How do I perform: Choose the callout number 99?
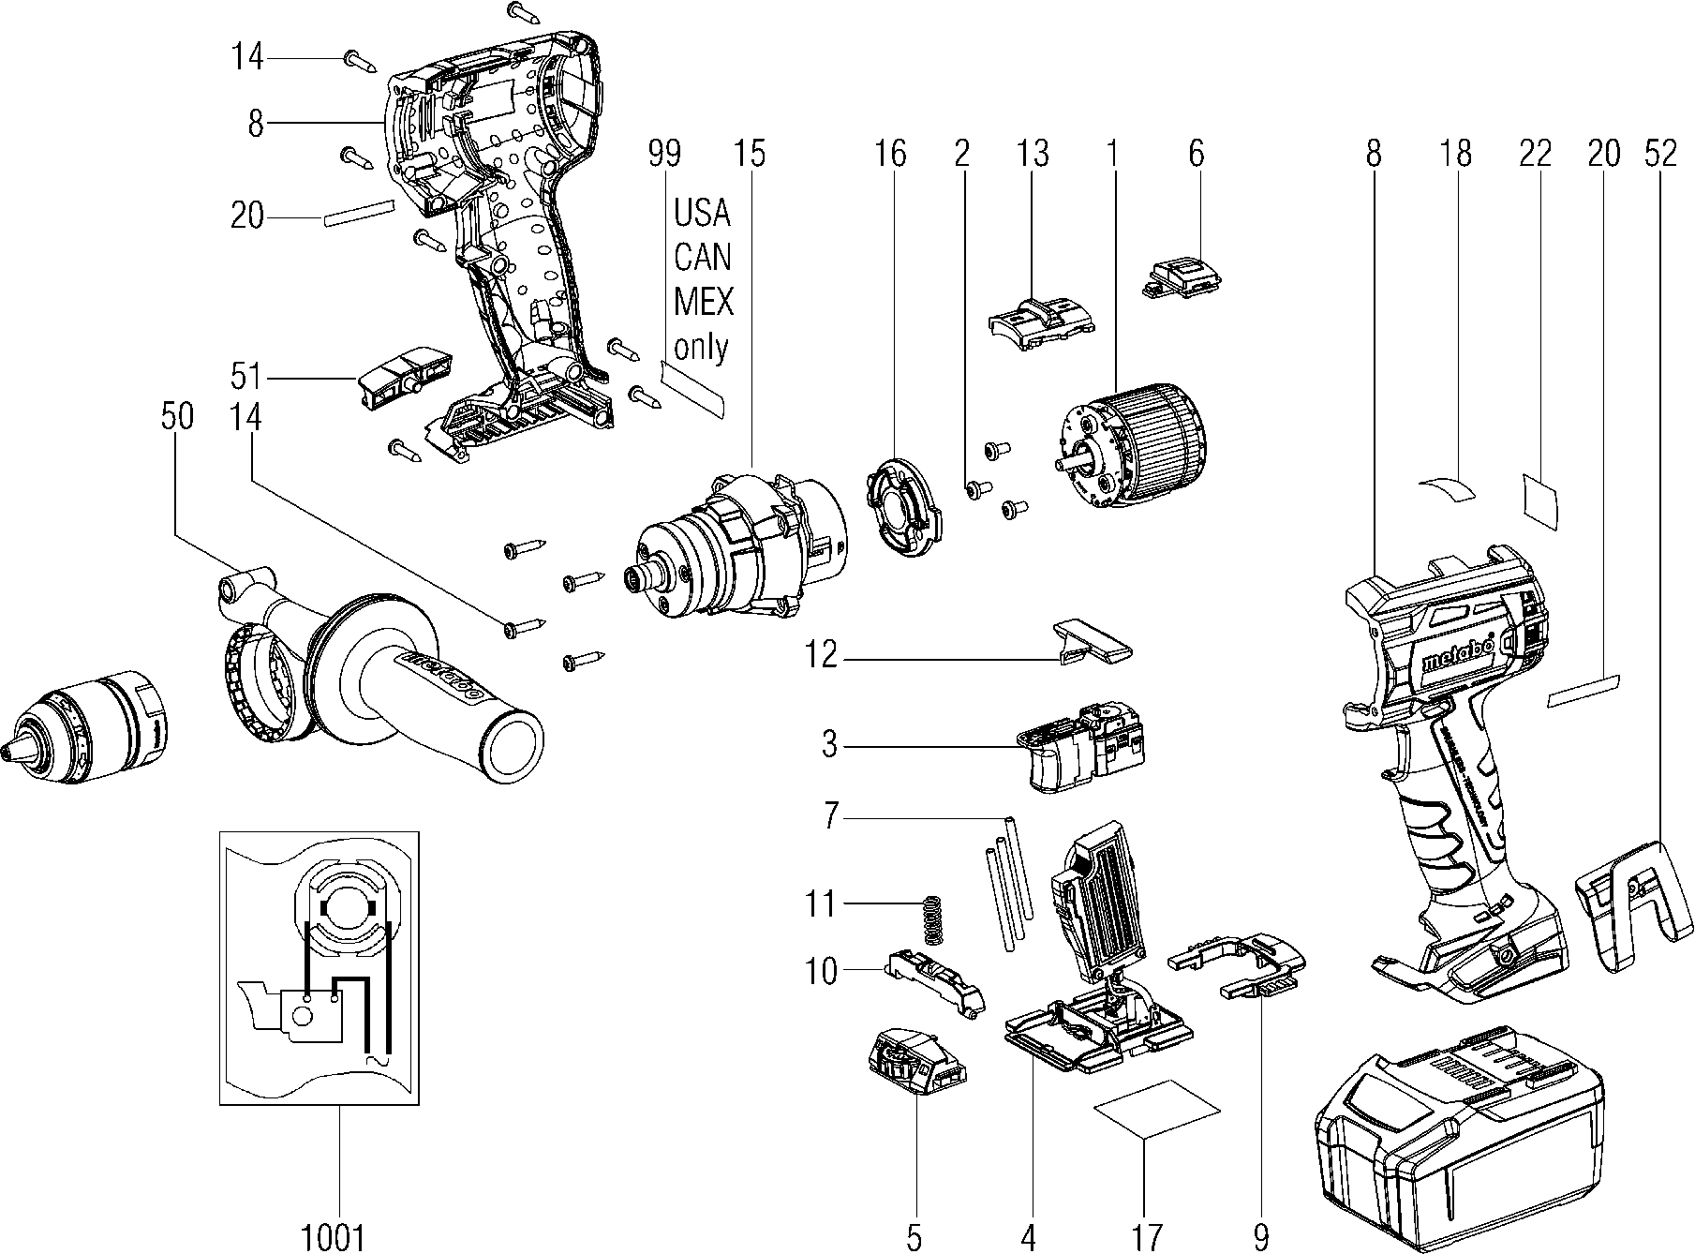point(665,154)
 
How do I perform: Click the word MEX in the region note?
point(703,302)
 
